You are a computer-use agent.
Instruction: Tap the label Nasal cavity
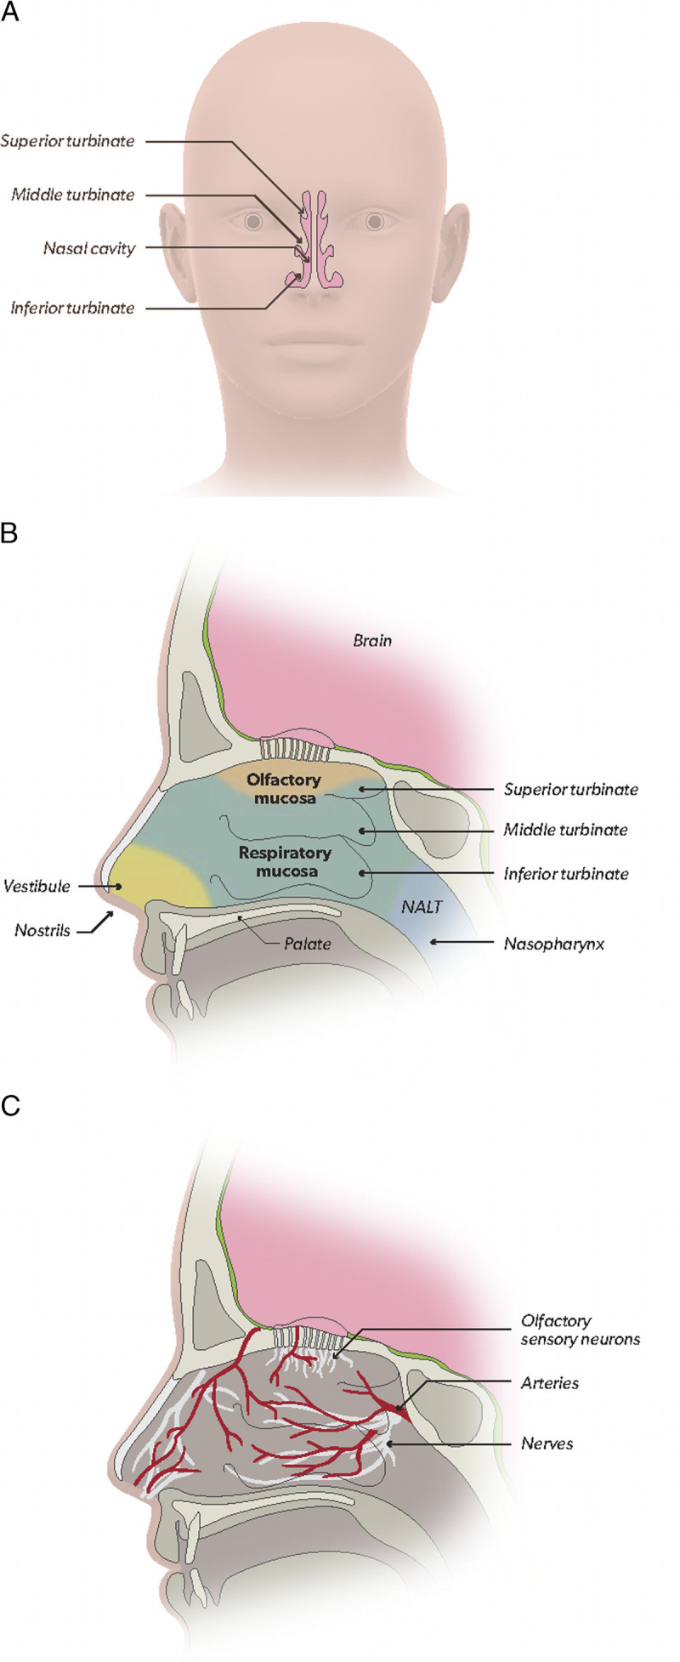(x=89, y=249)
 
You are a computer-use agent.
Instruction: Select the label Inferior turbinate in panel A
(x=72, y=307)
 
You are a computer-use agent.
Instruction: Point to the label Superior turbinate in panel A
(x=67, y=141)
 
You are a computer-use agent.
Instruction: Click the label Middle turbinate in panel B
(x=565, y=829)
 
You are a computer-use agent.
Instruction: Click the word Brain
(x=372, y=639)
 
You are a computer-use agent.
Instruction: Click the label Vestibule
(x=37, y=886)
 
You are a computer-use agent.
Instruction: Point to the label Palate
(x=308, y=943)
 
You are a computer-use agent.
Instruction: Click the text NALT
(x=422, y=907)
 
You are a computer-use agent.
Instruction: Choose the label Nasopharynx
(x=553, y=943)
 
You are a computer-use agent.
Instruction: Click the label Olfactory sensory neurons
(x=580, y=1330)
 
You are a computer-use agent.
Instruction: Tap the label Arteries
(x=549, y=1383)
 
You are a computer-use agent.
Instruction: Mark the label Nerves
(x=547, y=1443)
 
